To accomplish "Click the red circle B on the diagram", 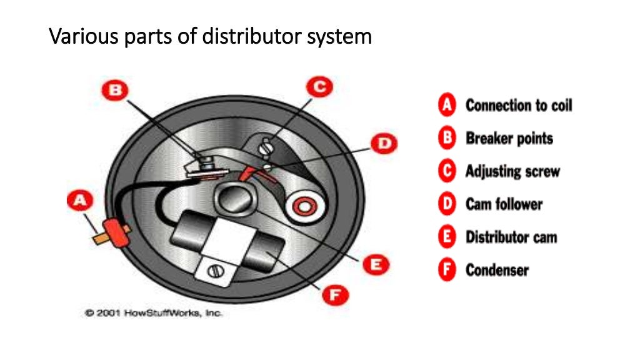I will [x=115, y=91].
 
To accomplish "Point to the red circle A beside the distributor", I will [x=79, y=201].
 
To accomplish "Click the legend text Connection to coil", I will [x=518, y=105].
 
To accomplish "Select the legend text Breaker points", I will [x=509, y=138].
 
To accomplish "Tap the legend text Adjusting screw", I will [x=512, y=171].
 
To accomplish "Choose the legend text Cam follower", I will [x=504, y=204].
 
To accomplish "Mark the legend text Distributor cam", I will [x=511, y=237].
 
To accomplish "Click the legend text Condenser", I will [x=497, y=270].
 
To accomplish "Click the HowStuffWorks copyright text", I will [x=153, y=312].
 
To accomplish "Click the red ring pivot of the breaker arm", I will [x=304, y=205].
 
